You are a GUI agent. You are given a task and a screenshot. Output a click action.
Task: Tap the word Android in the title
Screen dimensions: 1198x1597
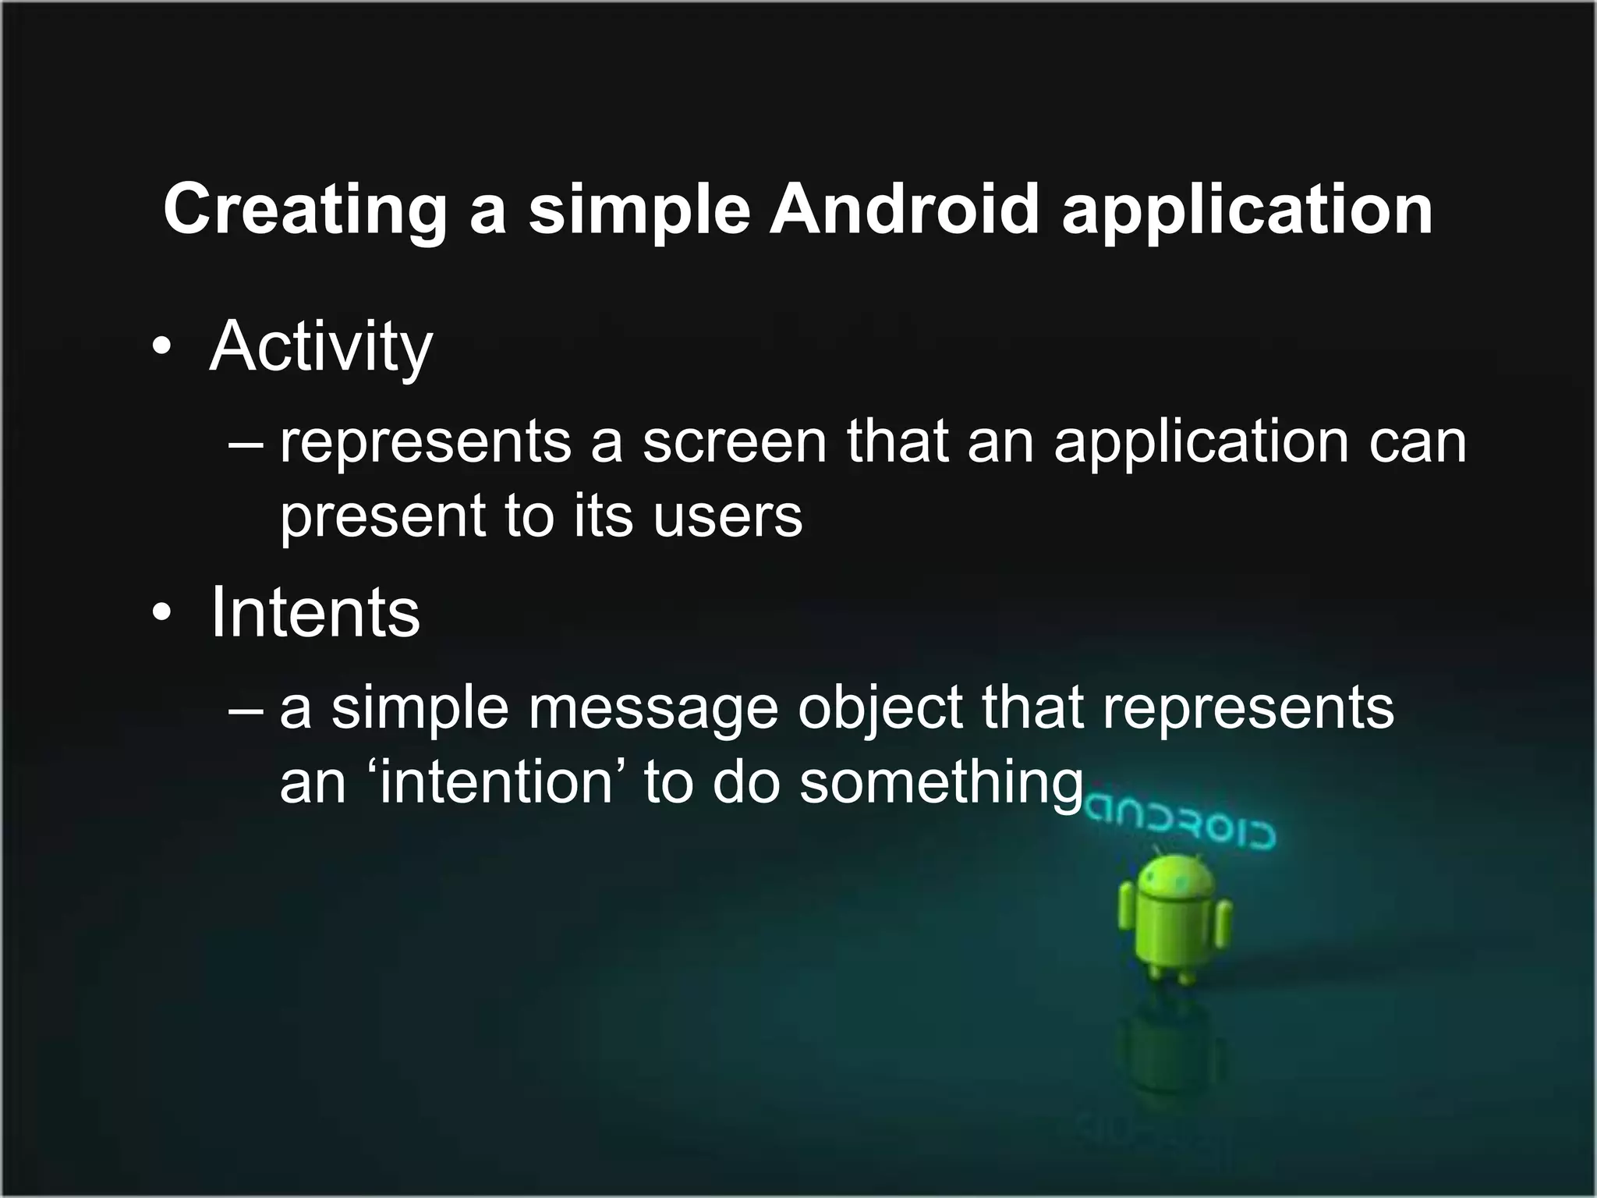tap(905, 209)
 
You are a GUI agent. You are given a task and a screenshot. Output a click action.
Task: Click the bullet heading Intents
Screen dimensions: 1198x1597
tap(315, 612)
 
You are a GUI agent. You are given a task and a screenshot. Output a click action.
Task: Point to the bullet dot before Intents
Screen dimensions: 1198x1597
tap(161, 613)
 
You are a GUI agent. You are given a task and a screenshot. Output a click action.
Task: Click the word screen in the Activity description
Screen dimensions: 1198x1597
tap(734, 441)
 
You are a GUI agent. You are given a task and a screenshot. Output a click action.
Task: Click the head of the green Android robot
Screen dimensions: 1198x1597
tap(1176, 879)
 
